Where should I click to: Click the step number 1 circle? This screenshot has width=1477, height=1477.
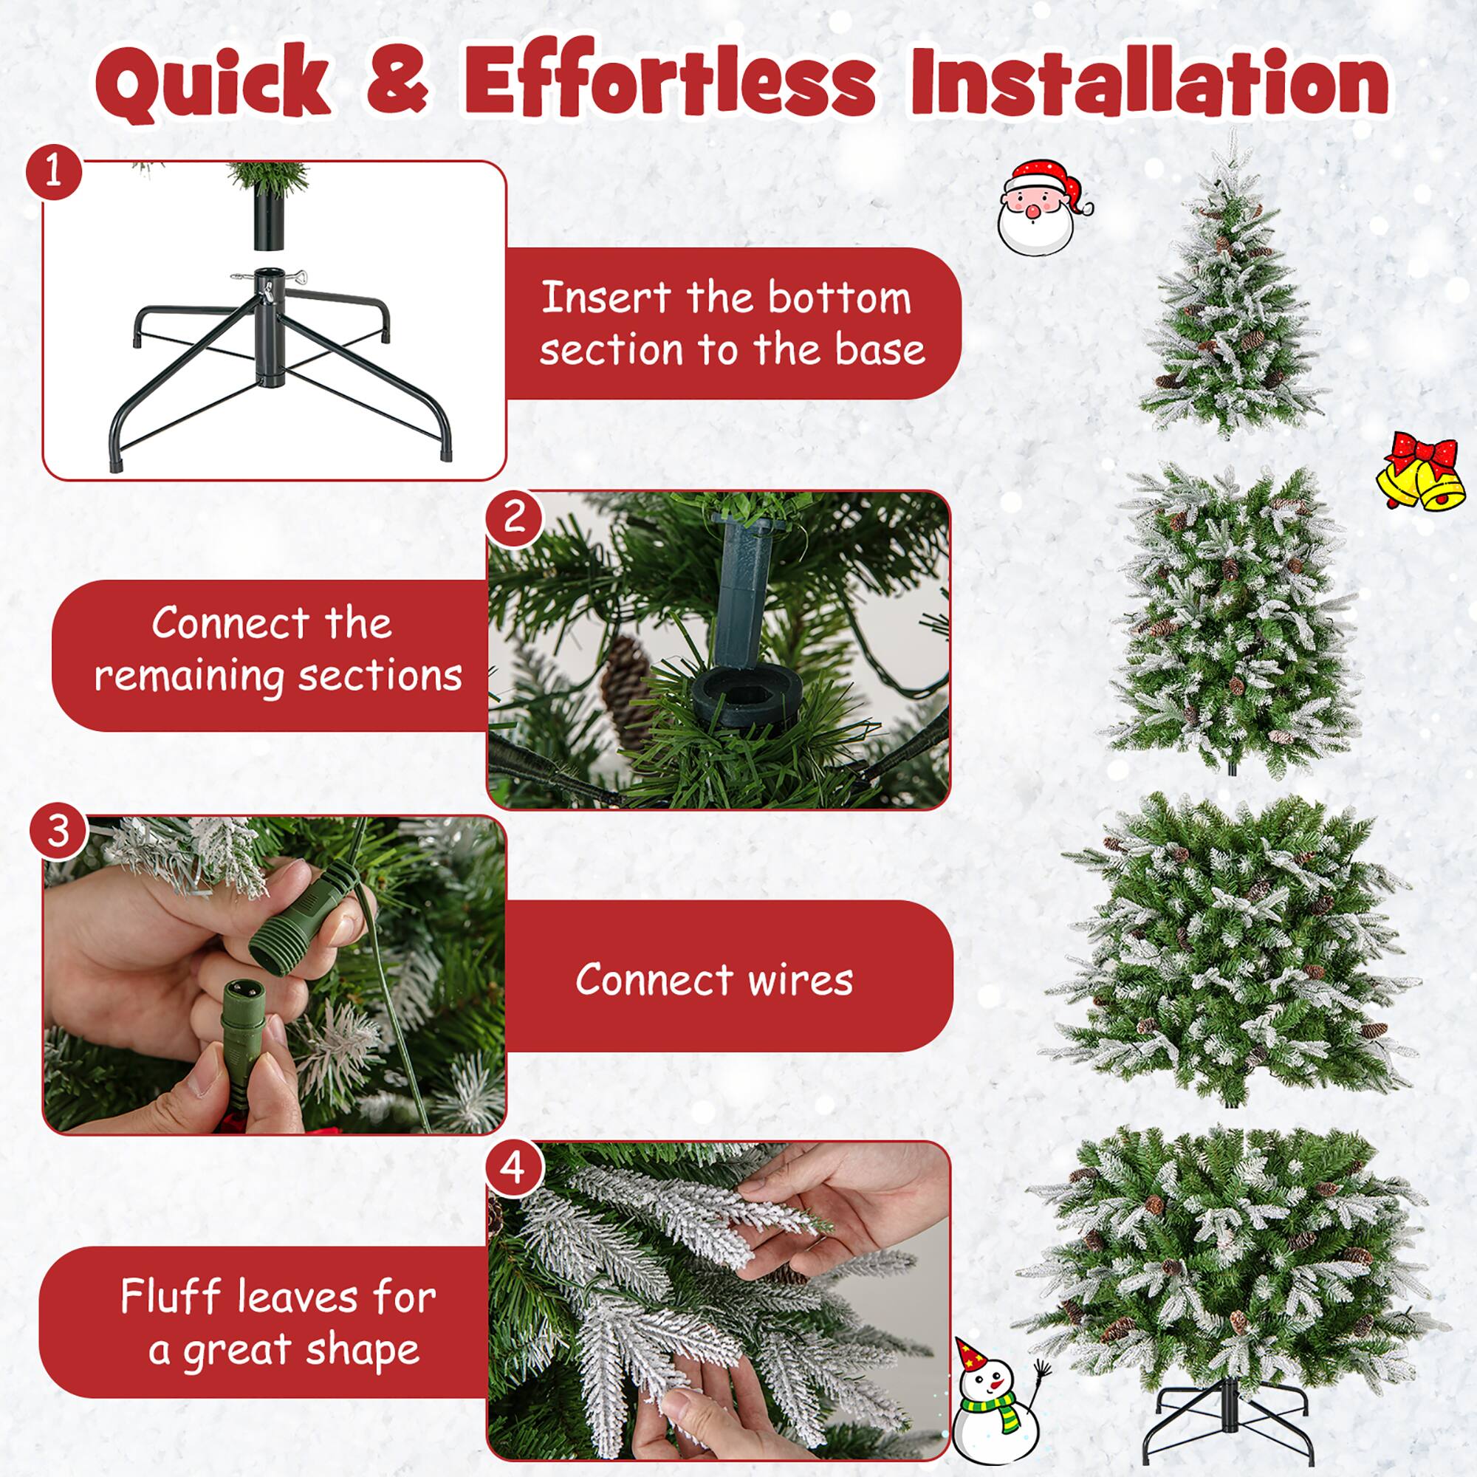point(52,172)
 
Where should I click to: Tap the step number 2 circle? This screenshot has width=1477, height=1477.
point(514,516)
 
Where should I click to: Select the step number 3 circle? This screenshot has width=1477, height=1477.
point(58,831)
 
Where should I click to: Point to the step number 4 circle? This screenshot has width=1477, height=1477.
point(514,1168)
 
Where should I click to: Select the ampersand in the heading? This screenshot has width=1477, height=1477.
point(397,90)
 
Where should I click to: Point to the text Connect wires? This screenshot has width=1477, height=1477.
point(714,980)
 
